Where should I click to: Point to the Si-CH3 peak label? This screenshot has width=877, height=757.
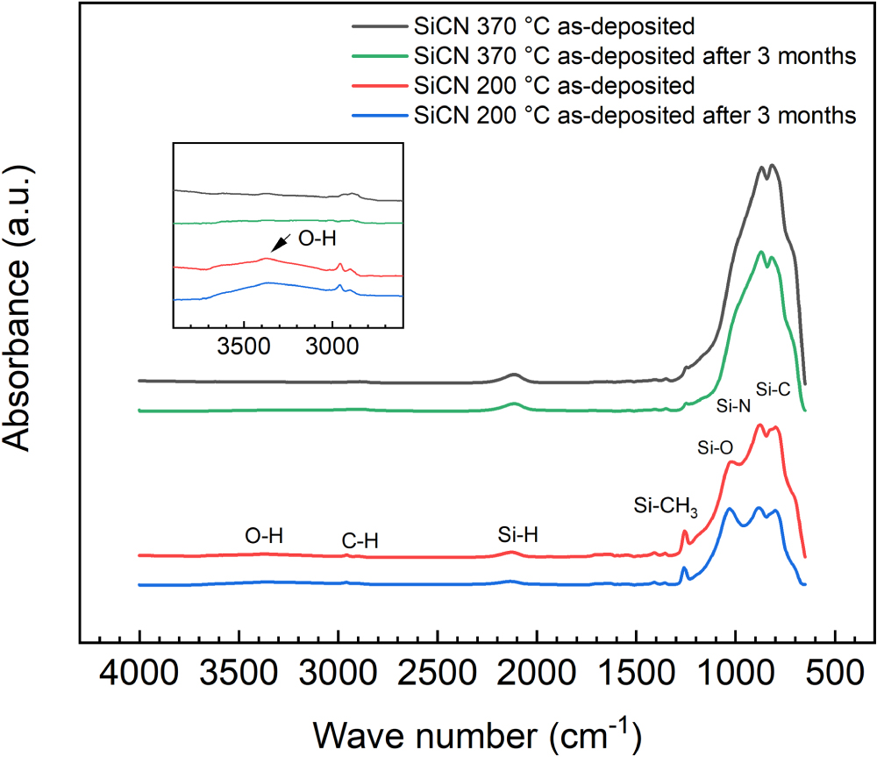[x=666, y=507]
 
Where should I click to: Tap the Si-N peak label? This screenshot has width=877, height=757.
[x=734, y=405]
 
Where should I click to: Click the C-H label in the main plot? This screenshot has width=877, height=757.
[x=360, y=542]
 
